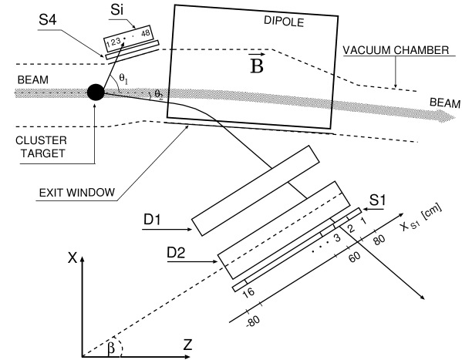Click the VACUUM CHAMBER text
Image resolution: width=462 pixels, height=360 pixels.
point(396,50)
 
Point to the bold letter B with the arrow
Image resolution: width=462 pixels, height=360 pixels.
point(257,67)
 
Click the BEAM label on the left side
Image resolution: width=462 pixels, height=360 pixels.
point(33,79)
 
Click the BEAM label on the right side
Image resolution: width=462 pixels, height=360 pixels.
point(444,103)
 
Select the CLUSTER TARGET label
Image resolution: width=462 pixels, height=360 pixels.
point(41,147)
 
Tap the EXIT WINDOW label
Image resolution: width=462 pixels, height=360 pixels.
point(76,192)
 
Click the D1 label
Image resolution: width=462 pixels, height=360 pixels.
point(153,220)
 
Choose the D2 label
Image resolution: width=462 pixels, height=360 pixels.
point(176,252)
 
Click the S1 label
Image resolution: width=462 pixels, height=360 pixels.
point(376,200)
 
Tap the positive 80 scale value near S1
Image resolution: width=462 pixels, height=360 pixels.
point(378,237)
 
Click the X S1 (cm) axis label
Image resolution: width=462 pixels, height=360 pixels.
point(419,223)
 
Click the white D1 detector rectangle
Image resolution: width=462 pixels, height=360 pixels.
point(255,190)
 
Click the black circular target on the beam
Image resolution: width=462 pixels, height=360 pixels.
point(95,93)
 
